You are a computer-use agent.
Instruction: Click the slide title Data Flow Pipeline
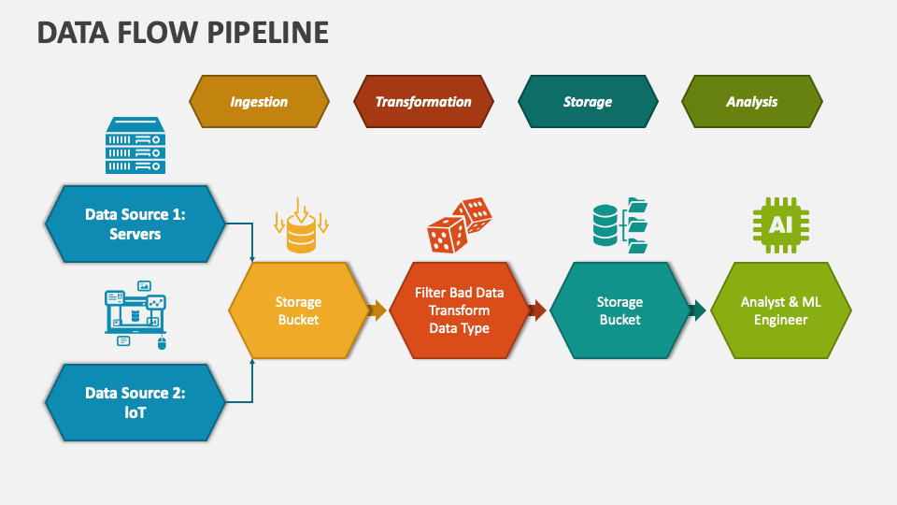[x=183, y=32]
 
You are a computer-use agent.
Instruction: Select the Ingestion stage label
[x=259, y=101]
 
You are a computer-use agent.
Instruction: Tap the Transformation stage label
[x=423, y=101]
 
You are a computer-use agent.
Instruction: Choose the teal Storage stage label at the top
[x=588, y=101]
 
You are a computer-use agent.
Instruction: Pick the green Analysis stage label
[x=752, y=101]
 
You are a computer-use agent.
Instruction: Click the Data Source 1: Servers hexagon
[x=135, y=224]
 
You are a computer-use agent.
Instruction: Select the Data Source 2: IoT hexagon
[x=135, y=402]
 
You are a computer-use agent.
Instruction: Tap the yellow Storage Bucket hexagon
[x=298, y=310]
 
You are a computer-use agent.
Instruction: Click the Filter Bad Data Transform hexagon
[x=459, y=310]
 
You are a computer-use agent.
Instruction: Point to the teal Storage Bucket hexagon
[x=619, y=310]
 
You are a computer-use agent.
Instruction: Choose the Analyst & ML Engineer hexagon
[x=780, y=310]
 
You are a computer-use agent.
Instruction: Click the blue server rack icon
[x=135, y=145]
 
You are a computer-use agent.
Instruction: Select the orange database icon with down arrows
[x=301, y=226]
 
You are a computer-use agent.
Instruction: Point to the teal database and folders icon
[x=620, y=225]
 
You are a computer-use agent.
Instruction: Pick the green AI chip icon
[x=781, y=225]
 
